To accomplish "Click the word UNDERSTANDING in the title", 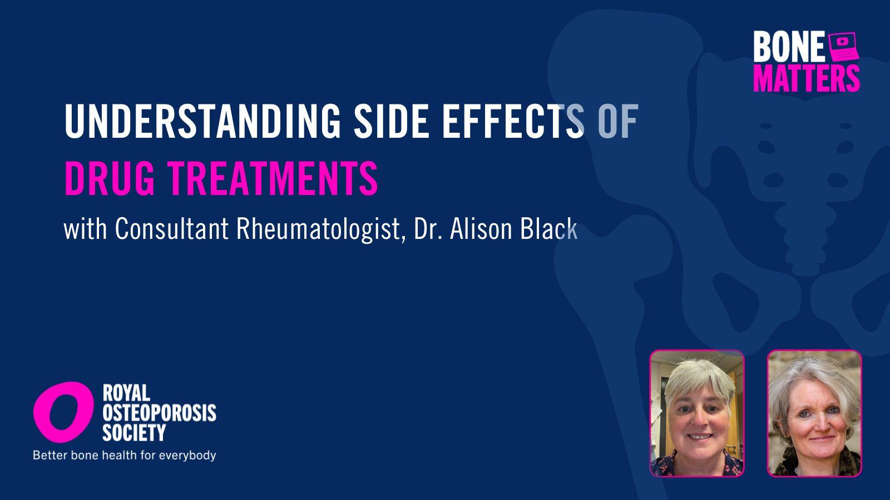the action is click(202, 121).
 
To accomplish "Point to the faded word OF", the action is click(618, 121).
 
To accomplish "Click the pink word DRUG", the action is click(110, 178).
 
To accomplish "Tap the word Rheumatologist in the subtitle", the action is click(318, 229).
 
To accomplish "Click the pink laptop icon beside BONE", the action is click(843, 47).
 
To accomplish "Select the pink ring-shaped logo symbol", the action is click(63, 412).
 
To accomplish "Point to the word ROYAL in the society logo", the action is click(126, 393).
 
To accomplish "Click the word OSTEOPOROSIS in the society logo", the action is click(159, 413).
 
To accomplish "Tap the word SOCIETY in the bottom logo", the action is click(134, 433).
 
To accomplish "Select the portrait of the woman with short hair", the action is click(697, 413).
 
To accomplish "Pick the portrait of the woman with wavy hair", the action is click(814, 413).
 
